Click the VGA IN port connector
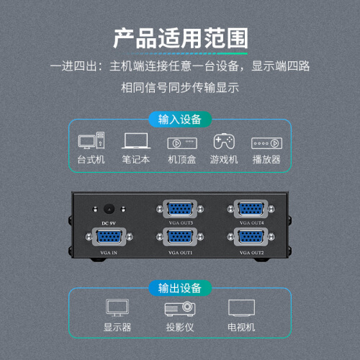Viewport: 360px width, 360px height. pos(109,237)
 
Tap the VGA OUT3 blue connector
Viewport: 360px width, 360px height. pos(180,209)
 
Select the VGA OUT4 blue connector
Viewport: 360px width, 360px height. pos(251,209)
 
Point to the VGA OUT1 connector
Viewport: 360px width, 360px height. pos(180,237)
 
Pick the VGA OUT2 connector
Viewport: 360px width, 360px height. pos(251,237)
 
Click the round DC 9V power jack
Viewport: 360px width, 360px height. pos(109,209)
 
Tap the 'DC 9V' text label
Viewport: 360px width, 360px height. pos(109,223)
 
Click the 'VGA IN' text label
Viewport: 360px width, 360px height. pos(109,253)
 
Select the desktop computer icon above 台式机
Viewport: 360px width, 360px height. pos(91,140)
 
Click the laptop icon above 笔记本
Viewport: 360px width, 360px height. pos(136,140)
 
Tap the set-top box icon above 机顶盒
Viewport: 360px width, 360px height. pos(182,143)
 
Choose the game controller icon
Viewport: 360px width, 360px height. pos(224,141)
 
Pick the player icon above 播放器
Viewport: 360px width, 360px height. pos(266,143)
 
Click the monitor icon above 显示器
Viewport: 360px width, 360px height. pos(117,307)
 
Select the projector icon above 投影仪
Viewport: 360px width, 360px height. pos(180,309)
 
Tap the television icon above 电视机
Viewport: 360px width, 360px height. pos(241,308)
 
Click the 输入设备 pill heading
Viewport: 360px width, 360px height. pos(180,120)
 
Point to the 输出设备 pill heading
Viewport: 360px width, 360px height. pos(180,288)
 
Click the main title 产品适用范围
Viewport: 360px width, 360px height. pos(181,38)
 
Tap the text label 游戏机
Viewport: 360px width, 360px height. pos(224,160)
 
